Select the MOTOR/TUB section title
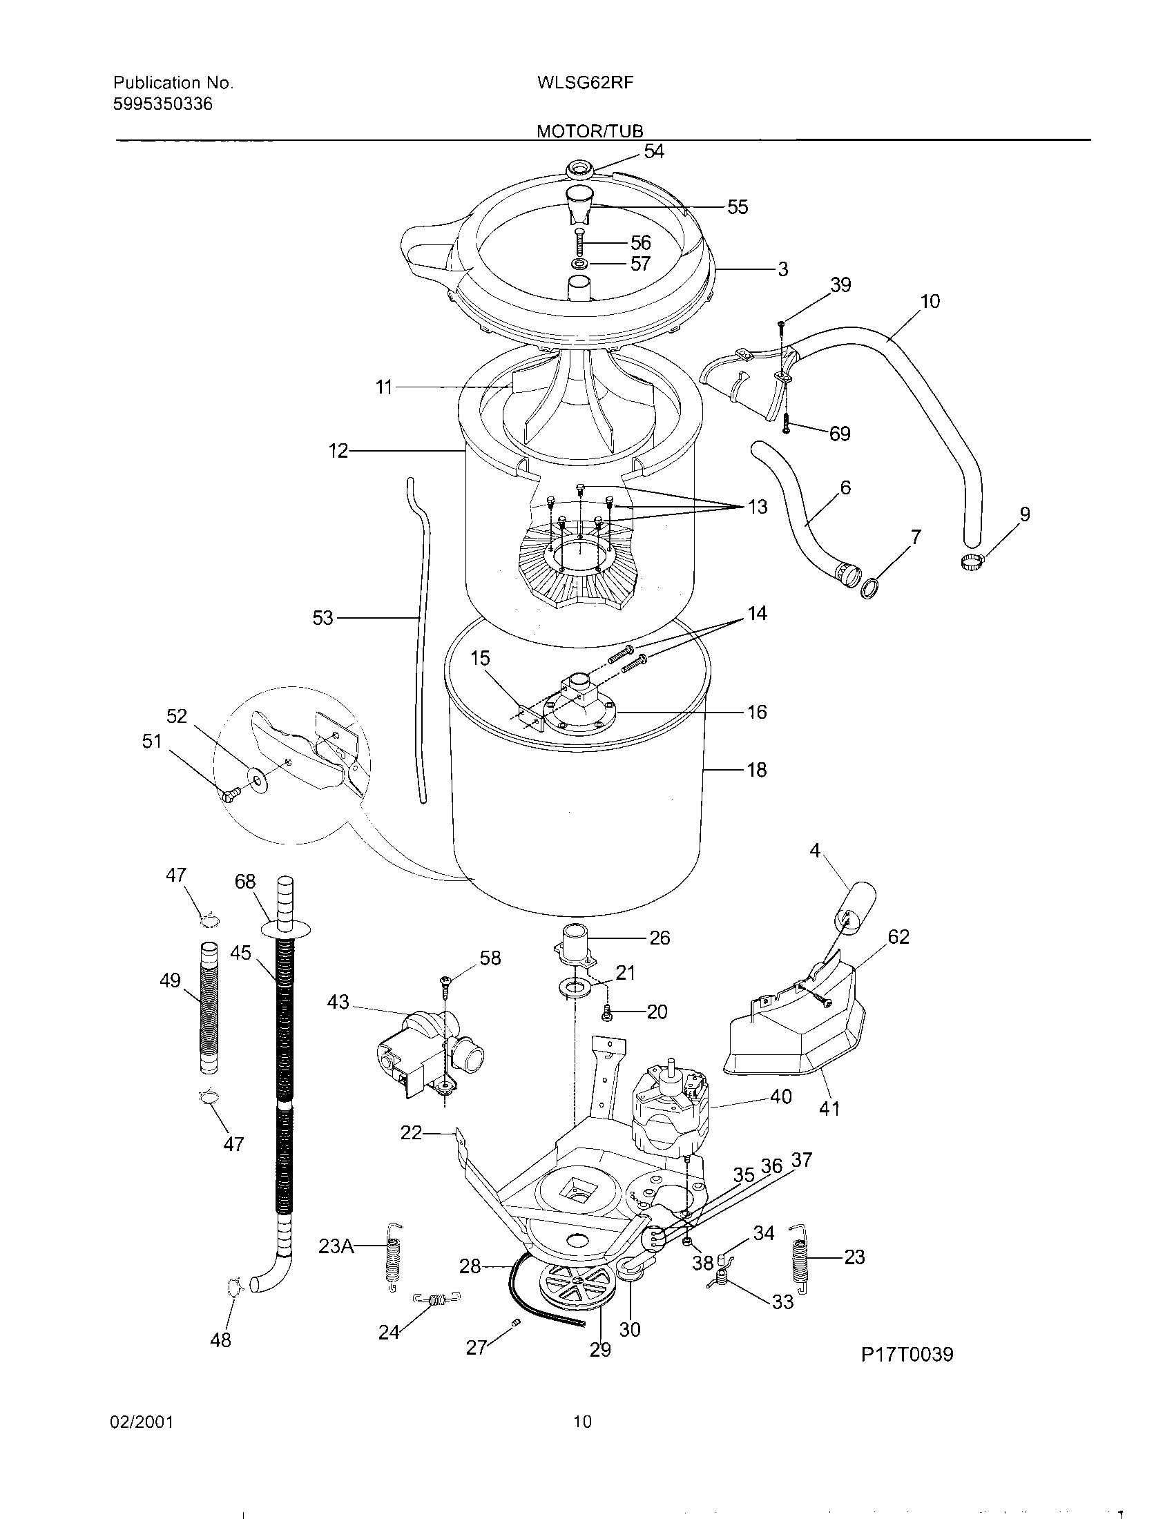[590, 130]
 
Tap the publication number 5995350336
[163, 104]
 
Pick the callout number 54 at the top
[654, 152]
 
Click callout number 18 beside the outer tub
[757, 770]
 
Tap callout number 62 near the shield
[898, 937]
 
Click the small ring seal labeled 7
[869, 590]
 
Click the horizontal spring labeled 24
[436, 1298]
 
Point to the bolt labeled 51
[231, 793]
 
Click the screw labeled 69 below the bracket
[785, 423]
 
